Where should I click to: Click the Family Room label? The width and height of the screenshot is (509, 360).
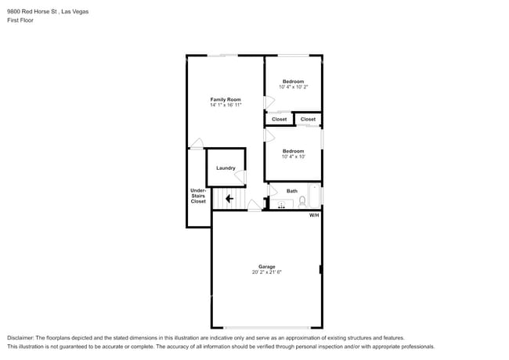(226, 99)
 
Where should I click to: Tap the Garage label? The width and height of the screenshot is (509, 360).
(267, 267)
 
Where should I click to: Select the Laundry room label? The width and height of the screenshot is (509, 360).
(226, 168)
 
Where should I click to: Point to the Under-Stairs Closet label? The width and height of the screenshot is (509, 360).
(198, 196)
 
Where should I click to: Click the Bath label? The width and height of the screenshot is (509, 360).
(292, 191)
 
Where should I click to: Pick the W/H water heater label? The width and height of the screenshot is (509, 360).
(314, 215)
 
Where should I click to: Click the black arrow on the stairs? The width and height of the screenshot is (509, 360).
(229, 199)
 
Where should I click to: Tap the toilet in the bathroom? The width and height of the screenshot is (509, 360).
(302, 201)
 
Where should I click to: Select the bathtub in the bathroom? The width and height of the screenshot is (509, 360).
(314, 196)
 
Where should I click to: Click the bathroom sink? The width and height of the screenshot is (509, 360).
(281, 204)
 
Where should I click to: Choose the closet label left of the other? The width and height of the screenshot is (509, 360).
(280, 120)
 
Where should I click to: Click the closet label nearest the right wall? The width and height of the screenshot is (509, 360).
(308, 120)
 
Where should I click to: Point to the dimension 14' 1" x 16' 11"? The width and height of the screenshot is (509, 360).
(226, 105)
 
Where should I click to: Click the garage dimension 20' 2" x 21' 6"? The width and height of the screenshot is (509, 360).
(267, 272)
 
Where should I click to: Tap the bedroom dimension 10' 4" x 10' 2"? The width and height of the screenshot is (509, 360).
(294, 87)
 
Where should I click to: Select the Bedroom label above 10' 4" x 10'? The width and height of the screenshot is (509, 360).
(293, 151)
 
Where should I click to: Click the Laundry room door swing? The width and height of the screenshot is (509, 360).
(240, 177)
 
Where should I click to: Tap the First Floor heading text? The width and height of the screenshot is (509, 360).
(20, 20)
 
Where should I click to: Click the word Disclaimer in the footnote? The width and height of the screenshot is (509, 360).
(20, 338)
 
